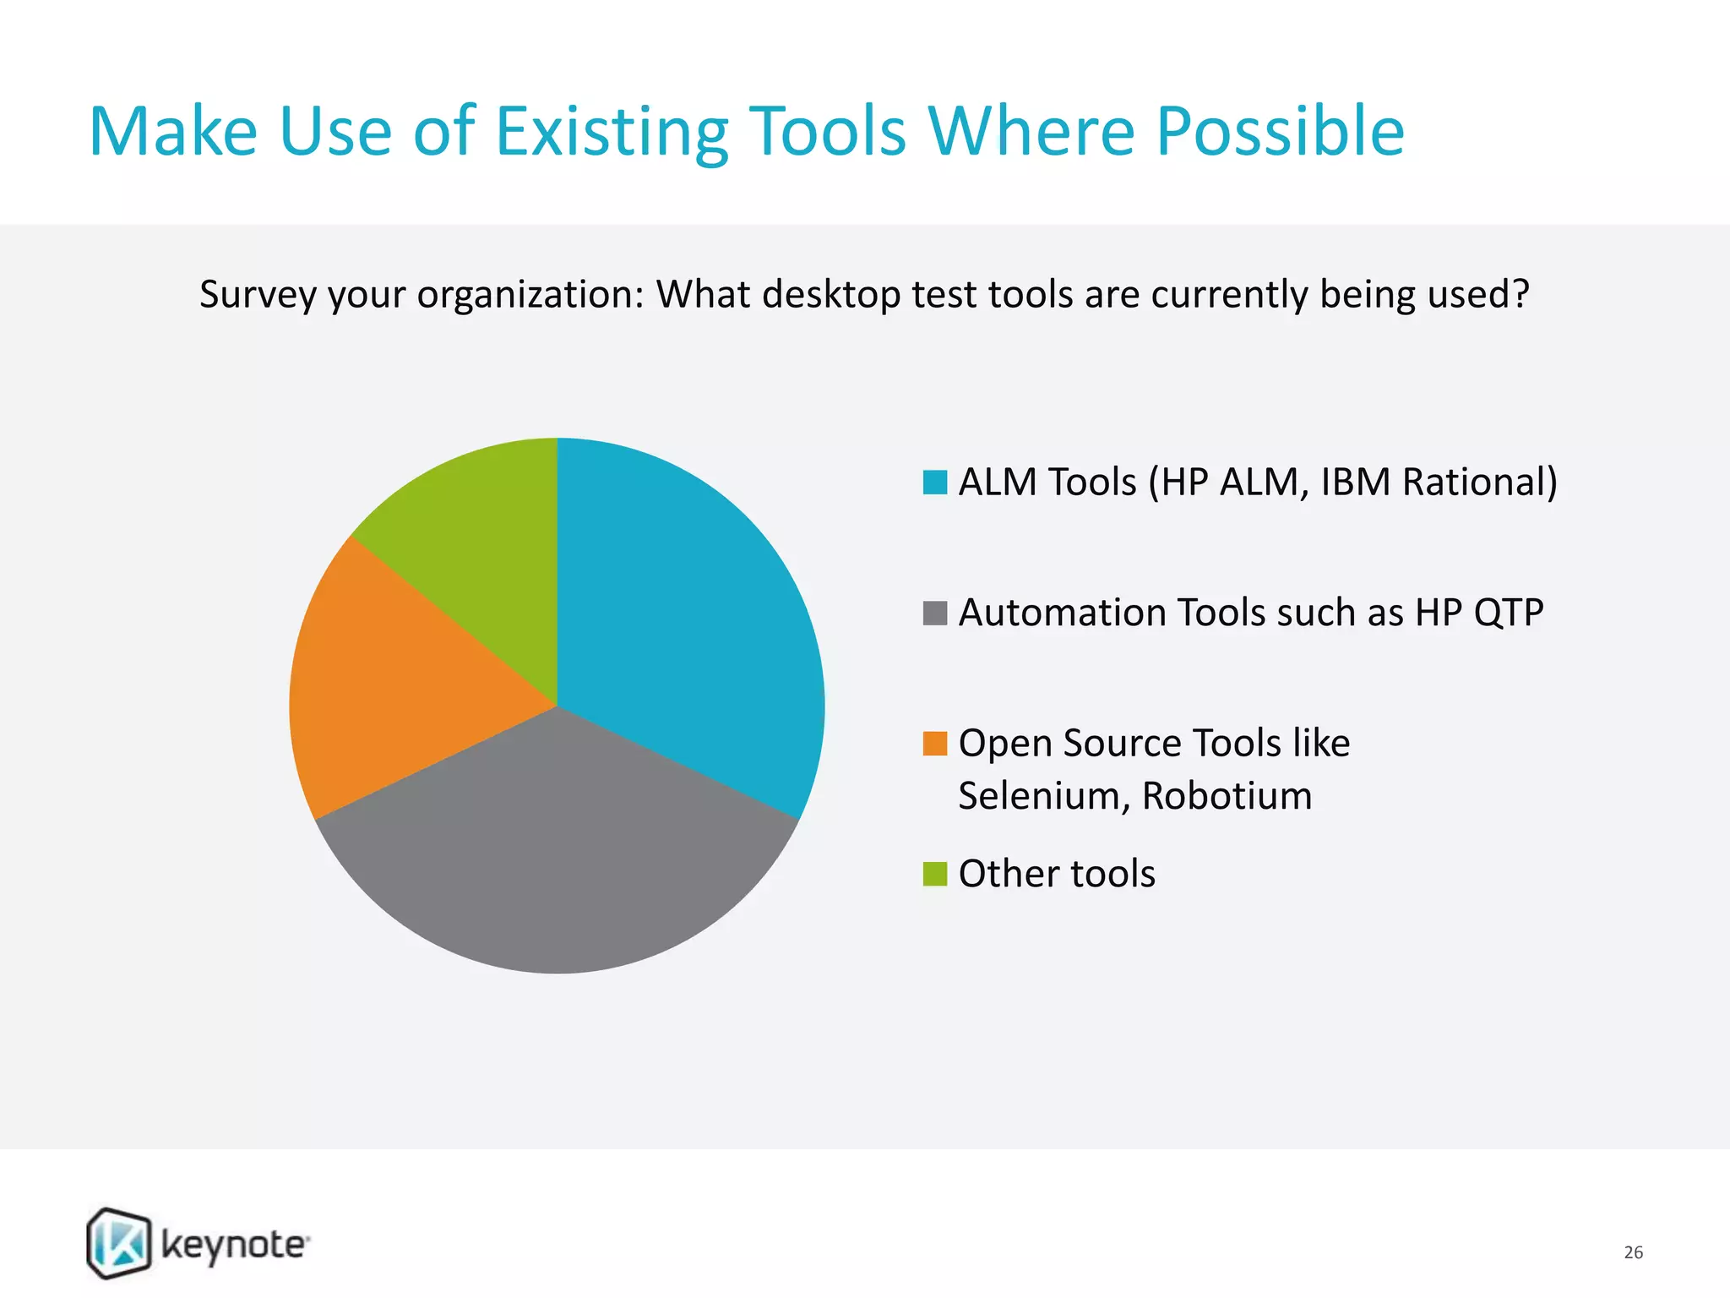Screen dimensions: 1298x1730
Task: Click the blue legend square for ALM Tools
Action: point(934,483)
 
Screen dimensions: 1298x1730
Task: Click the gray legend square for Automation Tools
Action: point(934,613)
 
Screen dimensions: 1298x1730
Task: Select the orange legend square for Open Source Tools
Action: point(934,744)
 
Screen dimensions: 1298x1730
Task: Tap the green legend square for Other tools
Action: point(934,874)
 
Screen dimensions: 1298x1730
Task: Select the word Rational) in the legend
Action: point(1479,483)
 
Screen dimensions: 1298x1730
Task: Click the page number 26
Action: point(1633,1252)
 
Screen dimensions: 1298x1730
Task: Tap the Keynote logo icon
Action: point(119,1242)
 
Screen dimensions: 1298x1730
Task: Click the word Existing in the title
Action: point(612,132)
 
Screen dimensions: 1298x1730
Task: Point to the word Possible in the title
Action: point(1280,132)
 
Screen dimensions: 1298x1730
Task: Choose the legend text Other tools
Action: point(1056,874)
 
